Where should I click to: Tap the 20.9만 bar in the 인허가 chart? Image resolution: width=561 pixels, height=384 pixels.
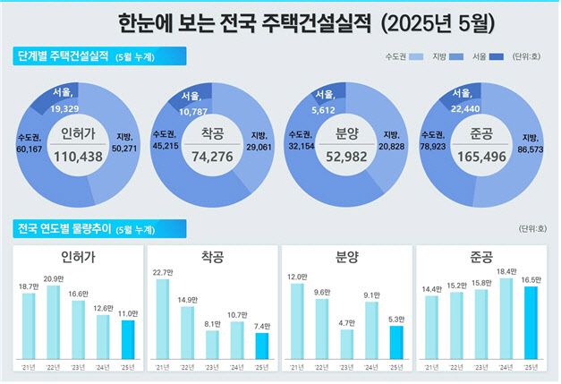[x=54, y=322]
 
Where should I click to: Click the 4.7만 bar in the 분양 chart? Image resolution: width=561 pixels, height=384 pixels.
[x=346, y=344]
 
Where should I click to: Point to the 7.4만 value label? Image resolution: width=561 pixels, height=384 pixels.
[x=261, y=326]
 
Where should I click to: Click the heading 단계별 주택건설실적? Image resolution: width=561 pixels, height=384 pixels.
[x=63, y=56]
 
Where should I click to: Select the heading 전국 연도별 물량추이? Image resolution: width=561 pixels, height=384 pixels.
[x=63, y=228]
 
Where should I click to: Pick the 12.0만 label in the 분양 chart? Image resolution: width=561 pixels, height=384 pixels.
[x=296, y=276]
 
